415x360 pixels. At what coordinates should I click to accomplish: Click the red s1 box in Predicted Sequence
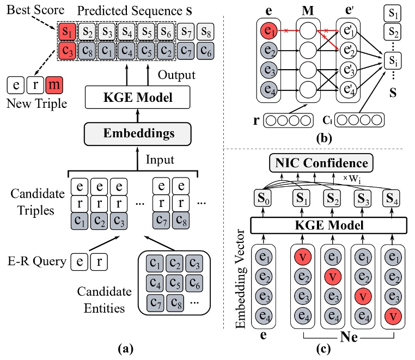(x=66, y=30)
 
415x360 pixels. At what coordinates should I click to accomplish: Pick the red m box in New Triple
(x=54, y=84)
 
